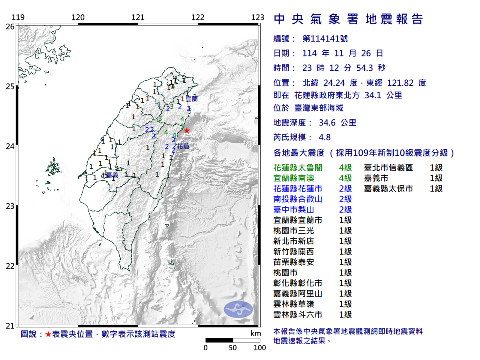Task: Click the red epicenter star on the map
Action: [x=187, y=130]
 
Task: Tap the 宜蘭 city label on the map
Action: [x=191, y=99]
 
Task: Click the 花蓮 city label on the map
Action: [x=183, y=146]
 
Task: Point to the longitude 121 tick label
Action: [x=138, y=17]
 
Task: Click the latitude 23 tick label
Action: [x=10, y=206]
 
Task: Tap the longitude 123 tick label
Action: [x=257, y=17]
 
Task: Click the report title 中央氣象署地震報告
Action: [x=348, y=19]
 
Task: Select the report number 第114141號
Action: [x=325, y=39]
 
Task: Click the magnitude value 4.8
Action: [x=324, y=137]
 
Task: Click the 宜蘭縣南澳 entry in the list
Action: [x=293, y=178]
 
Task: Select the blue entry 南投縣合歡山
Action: [x=298, y=199]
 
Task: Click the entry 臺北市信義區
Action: [x=388, y=168]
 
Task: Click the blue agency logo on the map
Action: [x=238, y=309]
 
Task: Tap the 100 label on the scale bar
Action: [x=259, y=348]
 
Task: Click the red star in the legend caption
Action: [x=48, y=334]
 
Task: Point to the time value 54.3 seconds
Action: [x=364, y=68]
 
